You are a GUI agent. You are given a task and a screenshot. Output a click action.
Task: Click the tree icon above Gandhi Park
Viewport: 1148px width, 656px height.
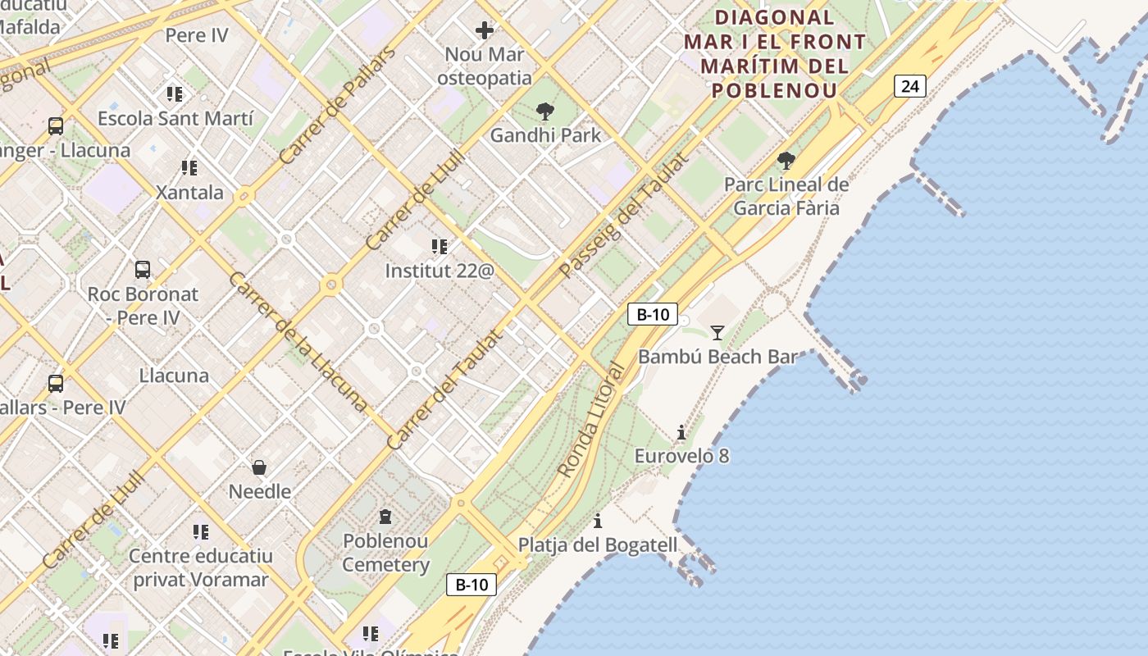pos(544,112)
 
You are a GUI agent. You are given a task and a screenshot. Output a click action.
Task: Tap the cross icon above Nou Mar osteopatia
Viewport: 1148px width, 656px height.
pos(485,31)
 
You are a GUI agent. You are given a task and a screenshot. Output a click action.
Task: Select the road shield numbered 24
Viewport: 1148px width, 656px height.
pos(910,86)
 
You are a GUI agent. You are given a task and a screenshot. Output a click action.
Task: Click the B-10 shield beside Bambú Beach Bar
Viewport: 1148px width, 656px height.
pos(653,314)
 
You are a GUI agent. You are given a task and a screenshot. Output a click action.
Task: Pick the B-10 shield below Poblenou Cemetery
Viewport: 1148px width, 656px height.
pos(471,585)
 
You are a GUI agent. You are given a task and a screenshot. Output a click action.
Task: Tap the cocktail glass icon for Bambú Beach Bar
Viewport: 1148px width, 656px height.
pos(717,332)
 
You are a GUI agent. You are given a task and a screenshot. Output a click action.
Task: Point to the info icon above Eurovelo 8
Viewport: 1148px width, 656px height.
pos(681,433)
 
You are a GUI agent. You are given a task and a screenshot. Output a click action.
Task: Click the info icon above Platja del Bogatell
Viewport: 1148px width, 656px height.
pos(598,522)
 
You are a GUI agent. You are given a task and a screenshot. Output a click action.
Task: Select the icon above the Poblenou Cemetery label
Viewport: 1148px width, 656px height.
pos(385,517)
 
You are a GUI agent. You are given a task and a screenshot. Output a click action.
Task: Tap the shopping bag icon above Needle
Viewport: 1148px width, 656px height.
pos(259,467)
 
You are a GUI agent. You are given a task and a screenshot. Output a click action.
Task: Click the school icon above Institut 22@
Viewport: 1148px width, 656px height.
pos(440,246)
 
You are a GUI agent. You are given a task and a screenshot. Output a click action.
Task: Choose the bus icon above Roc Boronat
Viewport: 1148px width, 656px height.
pos(143,269)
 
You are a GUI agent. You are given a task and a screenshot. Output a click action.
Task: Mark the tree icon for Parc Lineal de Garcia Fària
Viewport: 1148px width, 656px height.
pos(786,161)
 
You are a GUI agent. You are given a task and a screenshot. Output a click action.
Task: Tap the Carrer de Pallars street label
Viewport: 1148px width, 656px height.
pos(337,105)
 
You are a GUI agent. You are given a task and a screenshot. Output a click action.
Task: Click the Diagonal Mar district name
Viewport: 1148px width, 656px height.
pos(774,53)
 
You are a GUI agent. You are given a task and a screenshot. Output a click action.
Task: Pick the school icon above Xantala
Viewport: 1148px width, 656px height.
pos(189,168)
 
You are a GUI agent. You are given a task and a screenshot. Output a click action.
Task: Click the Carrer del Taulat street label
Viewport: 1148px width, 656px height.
pos(443,390)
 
